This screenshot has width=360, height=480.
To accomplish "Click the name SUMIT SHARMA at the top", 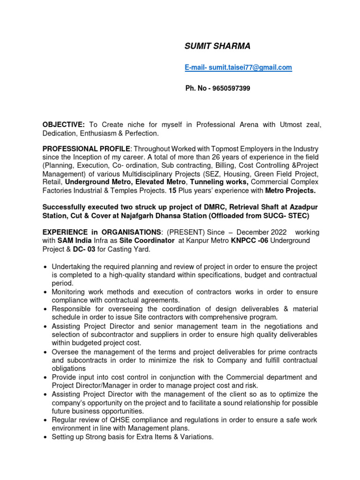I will [217, 46].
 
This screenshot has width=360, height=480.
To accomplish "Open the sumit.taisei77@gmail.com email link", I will [238, 67].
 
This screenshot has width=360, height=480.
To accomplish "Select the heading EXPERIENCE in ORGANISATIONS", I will [102, 233].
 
